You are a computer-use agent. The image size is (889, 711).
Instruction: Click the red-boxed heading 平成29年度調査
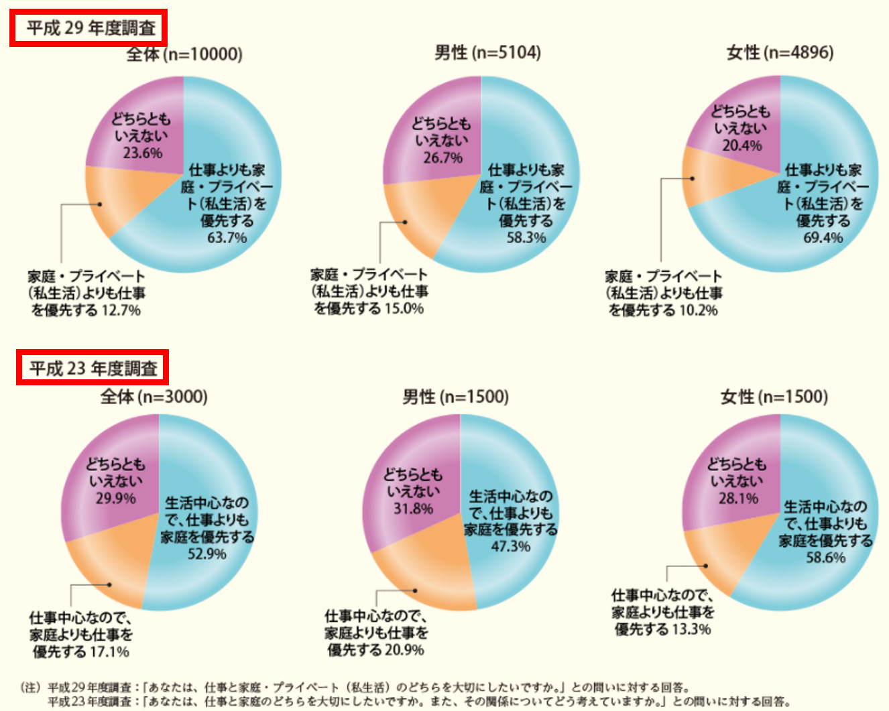(x=88, y=28)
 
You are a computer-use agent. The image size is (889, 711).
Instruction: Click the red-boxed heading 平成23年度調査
(x=93, y=368)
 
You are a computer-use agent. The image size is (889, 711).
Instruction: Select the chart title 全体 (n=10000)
(x=184, y=54)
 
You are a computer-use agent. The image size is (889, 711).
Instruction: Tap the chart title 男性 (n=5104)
(x=487, y=52)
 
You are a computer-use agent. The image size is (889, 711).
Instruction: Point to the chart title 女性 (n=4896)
(x=780, y=52)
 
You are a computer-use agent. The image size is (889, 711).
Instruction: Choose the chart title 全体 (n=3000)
(x=154, y=397)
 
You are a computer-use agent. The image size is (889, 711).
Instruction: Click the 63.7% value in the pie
(x=227, y=238)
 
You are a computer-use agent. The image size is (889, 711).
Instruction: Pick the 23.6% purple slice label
(x=142, y=153)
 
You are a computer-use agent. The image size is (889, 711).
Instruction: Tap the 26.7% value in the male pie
(x=442, y=157)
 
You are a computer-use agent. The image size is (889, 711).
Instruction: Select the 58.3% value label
(x=526, y=238)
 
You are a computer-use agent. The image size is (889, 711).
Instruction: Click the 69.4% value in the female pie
(x=823, y=238)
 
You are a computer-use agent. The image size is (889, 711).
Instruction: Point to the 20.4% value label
(x=742, y=145)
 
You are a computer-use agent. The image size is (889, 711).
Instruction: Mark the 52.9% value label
(x=206, y=554)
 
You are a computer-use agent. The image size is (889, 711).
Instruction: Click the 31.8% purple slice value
(x=413, y=509)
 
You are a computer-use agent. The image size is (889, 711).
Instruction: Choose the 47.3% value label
(x=510, y=547)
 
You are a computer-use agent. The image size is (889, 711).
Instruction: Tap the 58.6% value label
(x=825, y=558)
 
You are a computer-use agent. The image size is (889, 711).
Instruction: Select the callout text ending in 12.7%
(x=86, y=294)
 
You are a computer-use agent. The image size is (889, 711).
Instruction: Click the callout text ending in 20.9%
(x=375, y=633)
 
